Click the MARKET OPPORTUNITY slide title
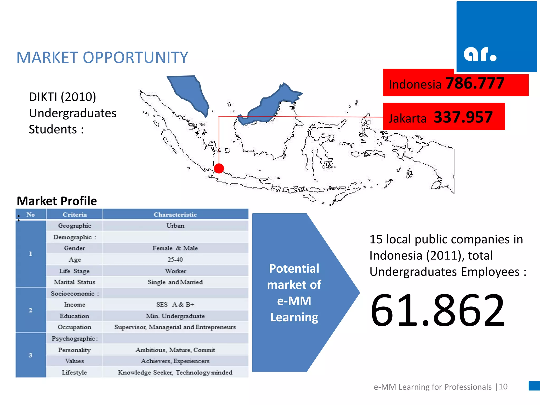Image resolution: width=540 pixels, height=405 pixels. pos(102,57)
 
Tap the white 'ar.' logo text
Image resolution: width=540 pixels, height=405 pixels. pos(480,54)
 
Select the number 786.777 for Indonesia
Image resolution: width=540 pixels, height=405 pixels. pos(475,83)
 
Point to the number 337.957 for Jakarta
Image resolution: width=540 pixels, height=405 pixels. pos(463,117)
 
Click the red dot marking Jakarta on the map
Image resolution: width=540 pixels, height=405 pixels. pos(219,168)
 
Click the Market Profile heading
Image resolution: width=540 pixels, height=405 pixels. pos(57,201)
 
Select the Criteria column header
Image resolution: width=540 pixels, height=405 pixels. pos(75,215)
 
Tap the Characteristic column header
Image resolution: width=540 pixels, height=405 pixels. pos(175,215)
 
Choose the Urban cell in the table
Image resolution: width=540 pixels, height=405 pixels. pos(175,226)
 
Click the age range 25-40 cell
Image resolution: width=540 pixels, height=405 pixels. pos(175,260)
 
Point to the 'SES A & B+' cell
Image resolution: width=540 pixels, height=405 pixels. pos(175,305)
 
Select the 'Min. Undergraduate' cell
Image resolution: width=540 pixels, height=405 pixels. pos(175,316)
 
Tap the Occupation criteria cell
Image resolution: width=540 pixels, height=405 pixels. pos(74,327)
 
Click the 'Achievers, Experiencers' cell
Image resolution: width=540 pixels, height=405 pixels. pos(175,361)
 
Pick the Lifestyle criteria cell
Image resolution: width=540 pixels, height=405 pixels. pos(74,372)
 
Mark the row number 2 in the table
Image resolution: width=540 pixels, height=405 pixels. pos(31,310)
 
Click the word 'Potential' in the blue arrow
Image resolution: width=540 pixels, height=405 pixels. pos(294,269)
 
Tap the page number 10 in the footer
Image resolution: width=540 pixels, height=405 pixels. pos(503,387)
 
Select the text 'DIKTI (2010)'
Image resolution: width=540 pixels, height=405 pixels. pos(62,97)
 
